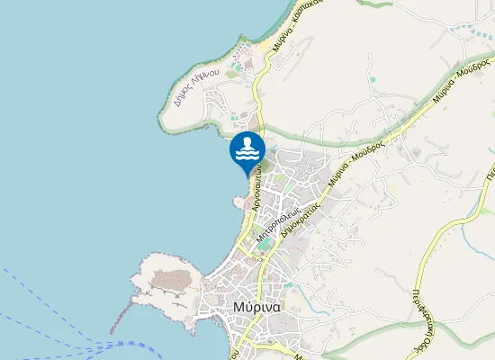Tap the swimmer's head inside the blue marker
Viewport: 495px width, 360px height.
click(x=247, y=143)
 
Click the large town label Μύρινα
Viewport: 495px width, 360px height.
click(x=256, y=306)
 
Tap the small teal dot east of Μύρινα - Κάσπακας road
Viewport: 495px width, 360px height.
click(x=372, y=79)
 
